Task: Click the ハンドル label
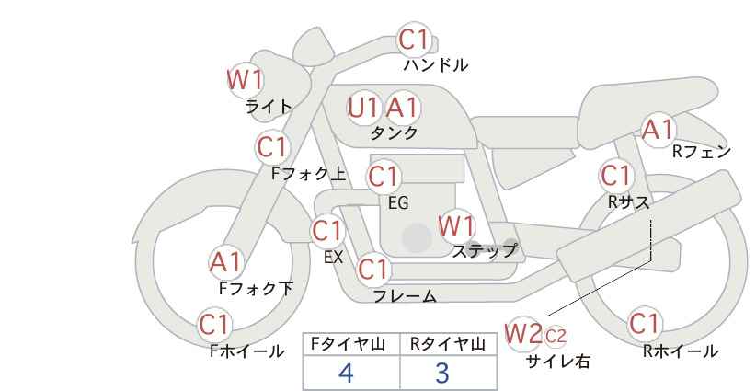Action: [x=436, y=64]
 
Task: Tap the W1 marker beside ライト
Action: [x=246, y=80]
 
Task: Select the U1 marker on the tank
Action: [x=363, y=108]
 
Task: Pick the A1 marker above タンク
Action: [x=403, y=108]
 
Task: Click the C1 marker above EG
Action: [x=384, y=177]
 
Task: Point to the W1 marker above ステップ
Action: [x=456, y=226]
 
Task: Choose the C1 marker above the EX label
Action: [x=328, y=232]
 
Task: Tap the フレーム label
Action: [x=405, y=296]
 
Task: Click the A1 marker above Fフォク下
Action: [x=226, y=263]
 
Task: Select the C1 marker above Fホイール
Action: [x=215, y=325]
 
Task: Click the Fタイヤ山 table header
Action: [x=348, y=344]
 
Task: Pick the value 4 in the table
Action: [x=346, y=373]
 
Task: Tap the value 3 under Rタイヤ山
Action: [x=442, y=373]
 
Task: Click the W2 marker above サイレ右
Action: [x=523, y=334]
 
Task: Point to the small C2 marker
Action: [x=556, y=336]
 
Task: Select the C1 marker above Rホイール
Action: [x=645, y=324]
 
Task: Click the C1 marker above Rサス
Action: [x=616, y=176]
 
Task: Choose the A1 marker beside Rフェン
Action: [x=659, y=130]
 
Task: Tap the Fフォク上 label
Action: [x=309, y=174]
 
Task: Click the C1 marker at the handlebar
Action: [x=414, y=39]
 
